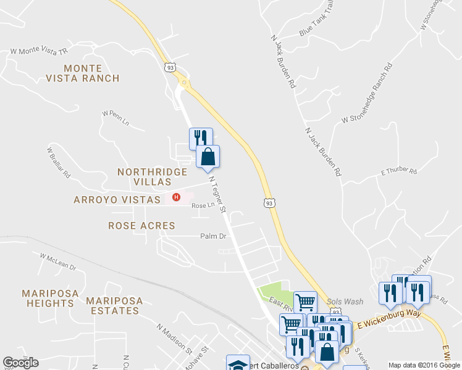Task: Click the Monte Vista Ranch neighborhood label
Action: click(x=82, y=72)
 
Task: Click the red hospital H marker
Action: click(x=176, y=198)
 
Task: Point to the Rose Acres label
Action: click(x=141, y=226)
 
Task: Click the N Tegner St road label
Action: click(x=218, y=195)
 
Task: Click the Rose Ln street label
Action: click(x=203, y=206)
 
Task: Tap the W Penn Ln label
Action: click(x=116, y=118)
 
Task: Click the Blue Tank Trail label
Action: click(x=316, y=27)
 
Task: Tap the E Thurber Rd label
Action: click(x=399, y=171)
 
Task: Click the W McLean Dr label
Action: click(x=57, y=262)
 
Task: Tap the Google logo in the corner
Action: click(x=20, y=363)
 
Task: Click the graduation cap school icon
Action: click(x=238, y=364)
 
